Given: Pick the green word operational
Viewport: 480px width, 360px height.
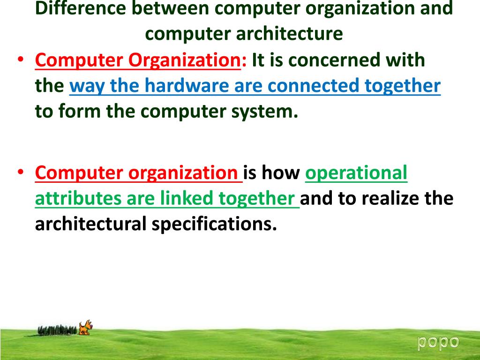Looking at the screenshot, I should click(x=356, y=173).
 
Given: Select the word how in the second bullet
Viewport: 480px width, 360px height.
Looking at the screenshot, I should click(x=280, y=173).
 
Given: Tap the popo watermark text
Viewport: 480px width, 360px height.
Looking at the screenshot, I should click(x=438, y=342).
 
